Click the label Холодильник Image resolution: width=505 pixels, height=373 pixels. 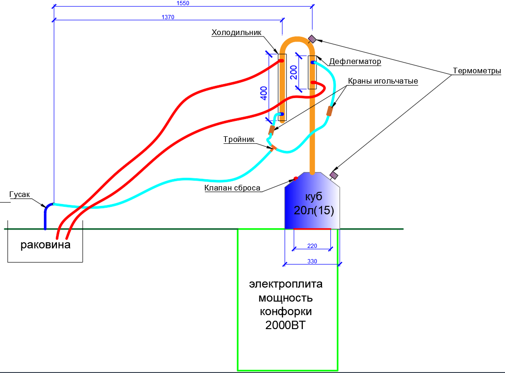click(236, 33)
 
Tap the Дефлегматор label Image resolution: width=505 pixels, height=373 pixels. click(355, 62)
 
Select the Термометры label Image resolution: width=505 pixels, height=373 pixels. click(477, 71)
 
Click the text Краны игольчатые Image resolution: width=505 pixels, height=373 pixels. click(383, 81)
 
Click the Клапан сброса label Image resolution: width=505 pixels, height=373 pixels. click(232, 188)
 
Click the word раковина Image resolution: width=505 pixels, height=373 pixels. click(45, 245)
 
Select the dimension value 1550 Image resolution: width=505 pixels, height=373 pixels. click(182, 3)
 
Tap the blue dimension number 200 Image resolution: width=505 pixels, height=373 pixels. click(294, 72)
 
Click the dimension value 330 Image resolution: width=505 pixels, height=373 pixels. click(312, 261)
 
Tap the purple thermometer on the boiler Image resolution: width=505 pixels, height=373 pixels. click(334, 175)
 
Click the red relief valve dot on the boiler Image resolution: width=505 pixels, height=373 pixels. click(295, 178)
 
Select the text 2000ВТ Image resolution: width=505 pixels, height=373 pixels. click(285, 325)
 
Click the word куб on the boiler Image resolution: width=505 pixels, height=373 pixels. click(314, 196)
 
